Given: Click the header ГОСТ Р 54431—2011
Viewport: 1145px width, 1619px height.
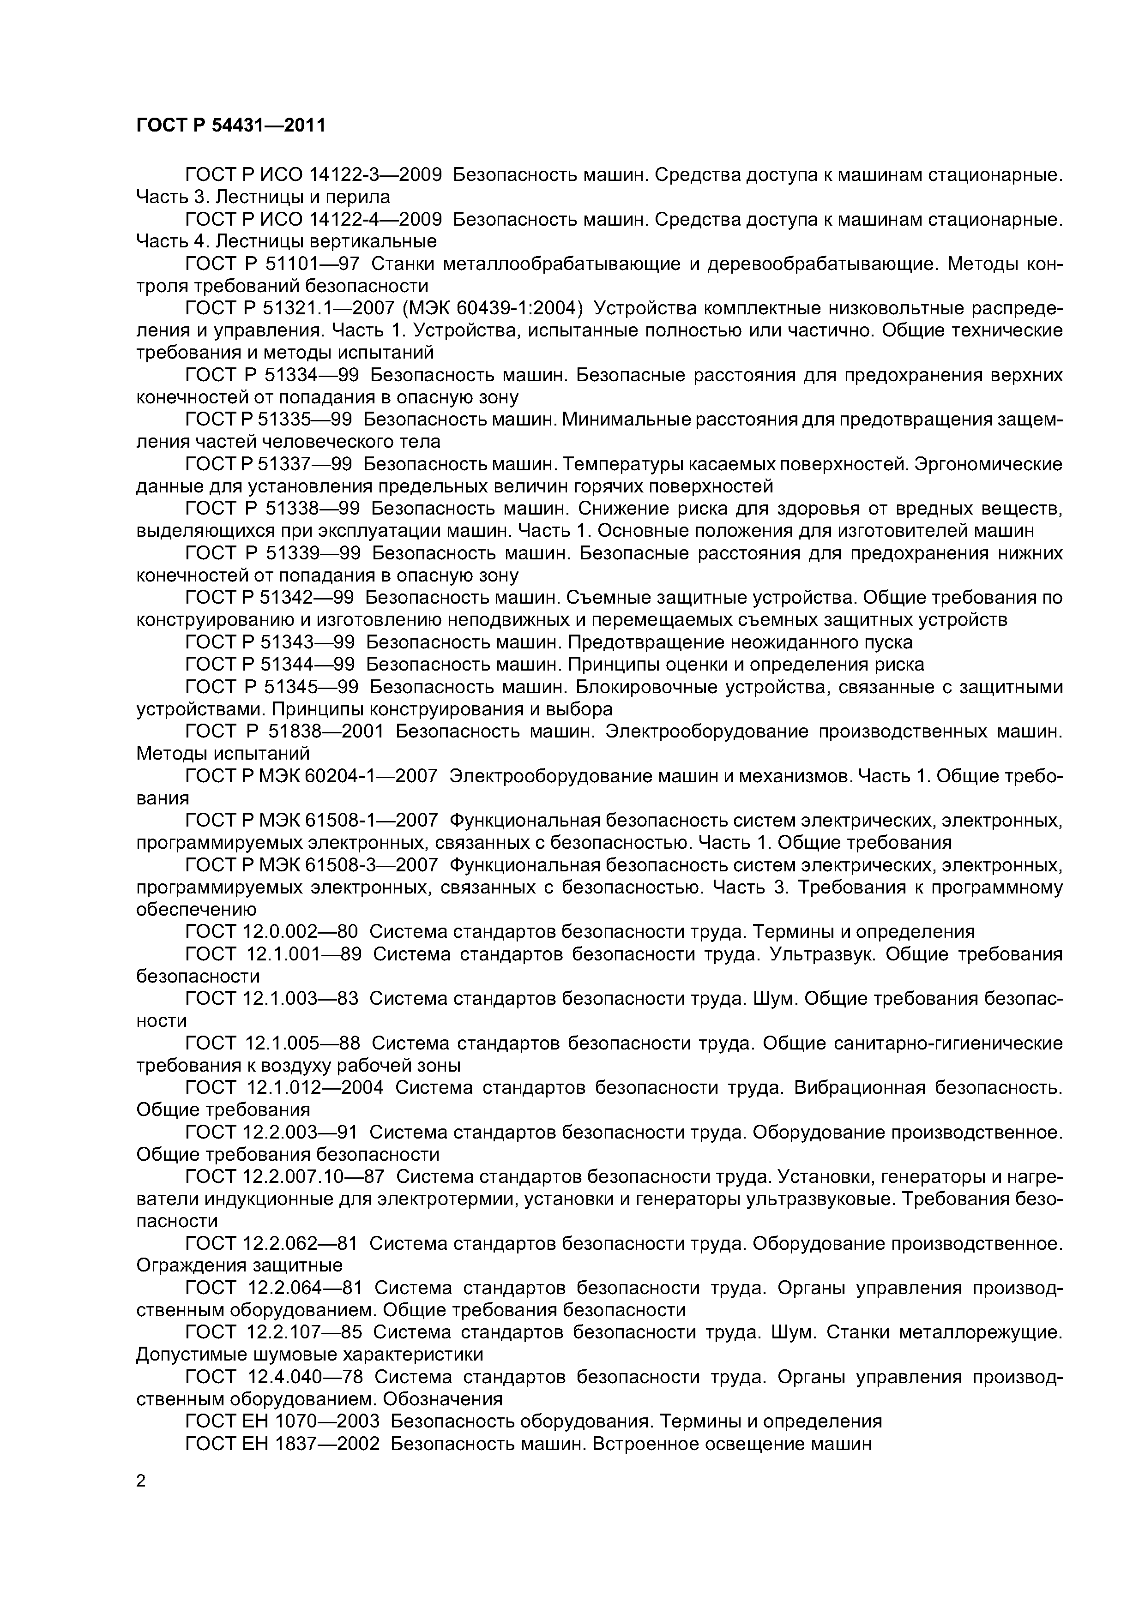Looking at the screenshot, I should tap(231, 126).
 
